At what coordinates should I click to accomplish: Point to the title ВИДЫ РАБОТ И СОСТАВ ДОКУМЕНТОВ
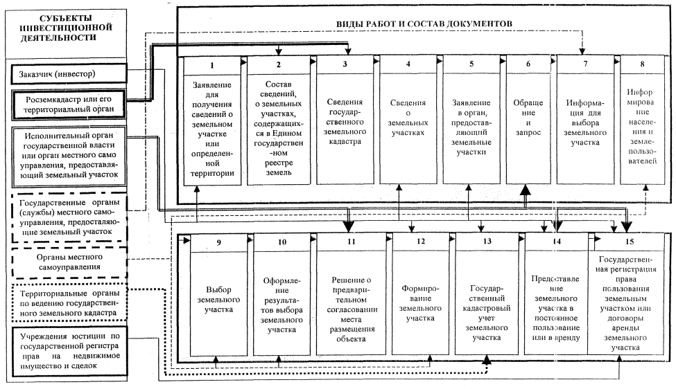[424, 23]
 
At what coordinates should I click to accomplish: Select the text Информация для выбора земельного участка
[586, 122]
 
